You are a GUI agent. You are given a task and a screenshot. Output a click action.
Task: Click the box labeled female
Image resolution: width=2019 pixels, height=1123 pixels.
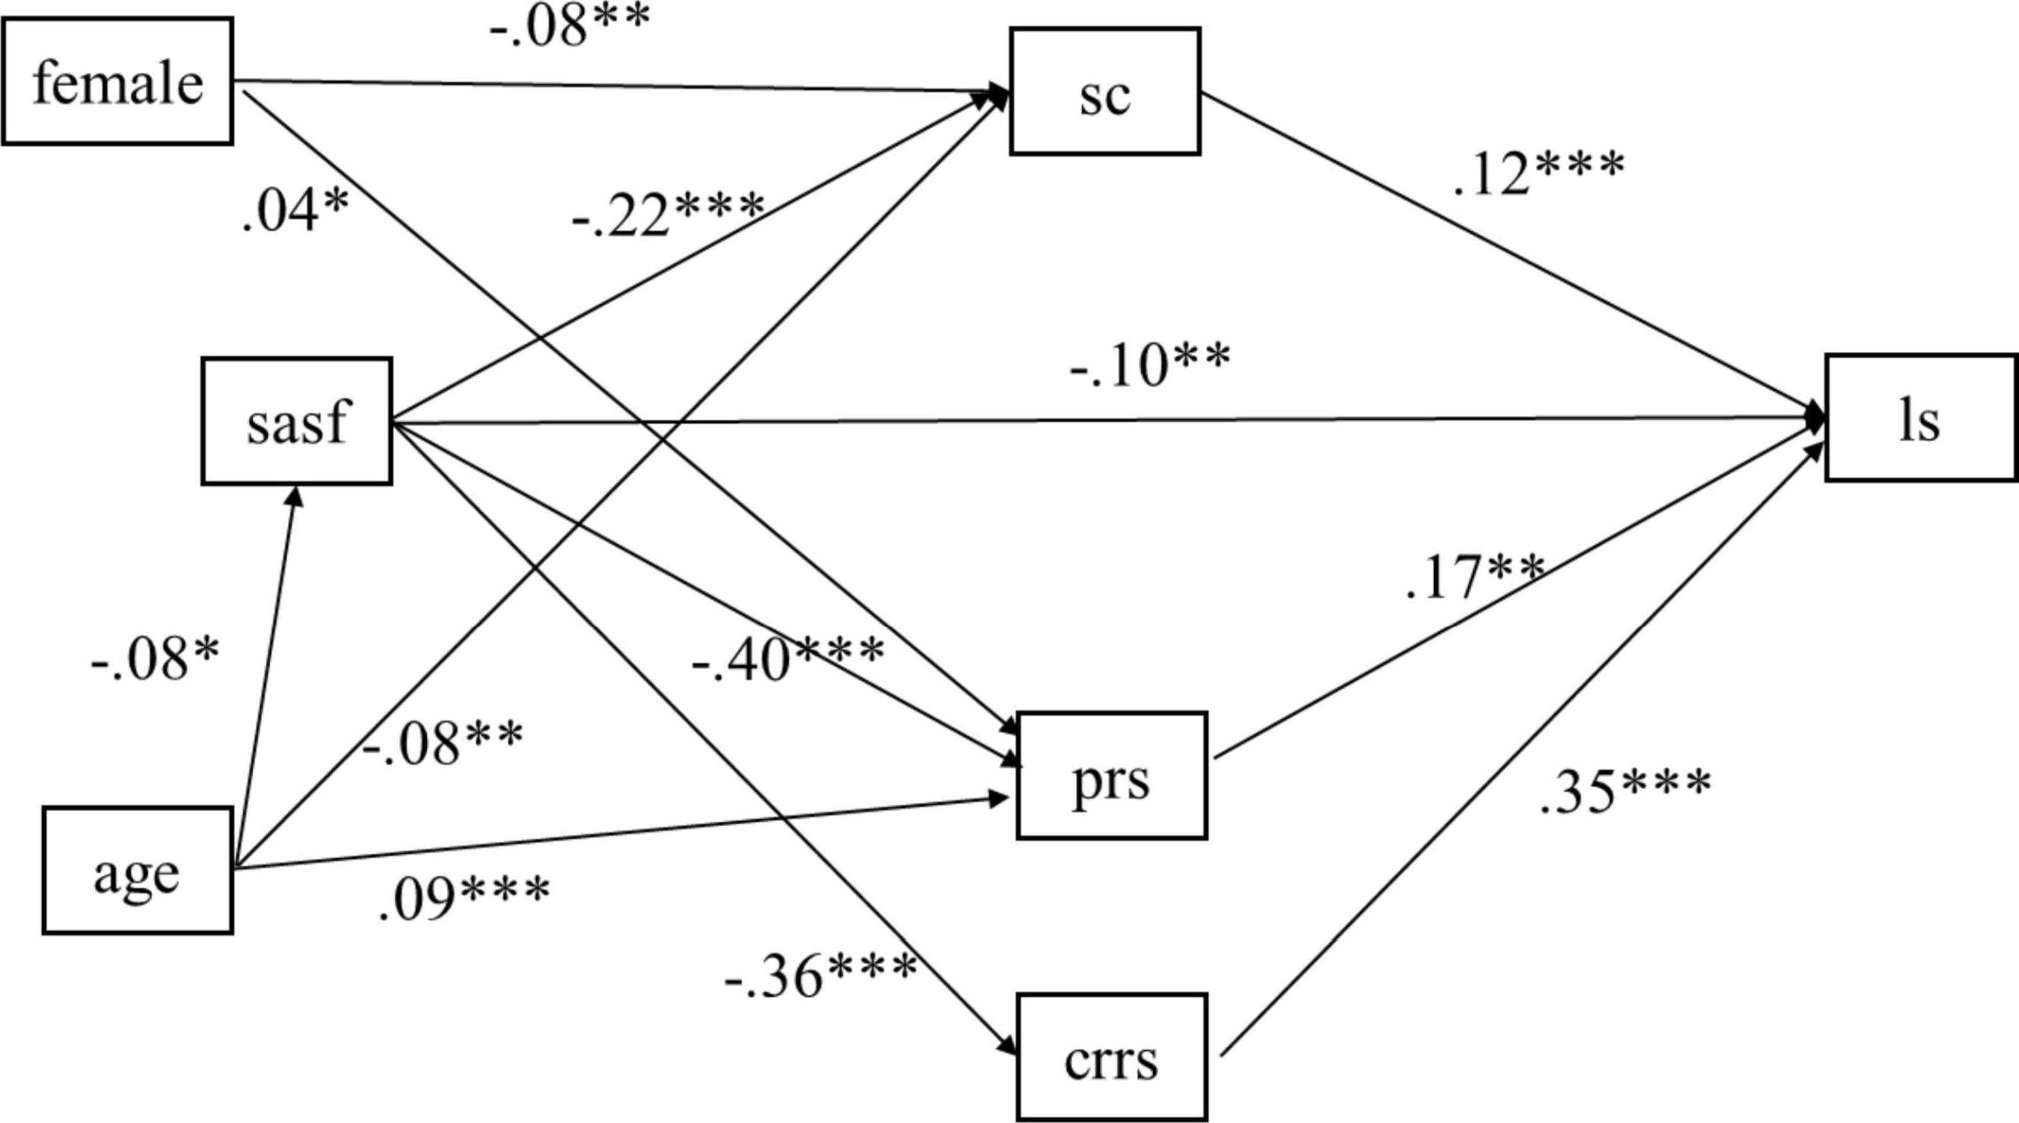tap(117, 81)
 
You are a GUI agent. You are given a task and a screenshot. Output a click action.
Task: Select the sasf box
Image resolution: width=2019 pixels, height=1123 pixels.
tap(296, 422)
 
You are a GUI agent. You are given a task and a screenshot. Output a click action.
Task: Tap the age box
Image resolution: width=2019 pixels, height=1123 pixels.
tap(137, 870)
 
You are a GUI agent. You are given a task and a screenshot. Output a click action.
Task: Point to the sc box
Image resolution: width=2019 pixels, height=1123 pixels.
tap(1104, 92)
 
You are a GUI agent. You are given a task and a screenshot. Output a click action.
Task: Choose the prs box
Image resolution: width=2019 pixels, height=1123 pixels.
tap(1111, 776)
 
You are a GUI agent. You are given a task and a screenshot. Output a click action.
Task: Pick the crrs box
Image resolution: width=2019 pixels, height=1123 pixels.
tap(1111, 1057)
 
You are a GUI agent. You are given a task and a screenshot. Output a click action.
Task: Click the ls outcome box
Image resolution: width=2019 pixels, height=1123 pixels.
tap(1920, 418)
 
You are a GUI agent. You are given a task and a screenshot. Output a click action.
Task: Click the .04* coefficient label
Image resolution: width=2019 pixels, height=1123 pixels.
tap(295, 212)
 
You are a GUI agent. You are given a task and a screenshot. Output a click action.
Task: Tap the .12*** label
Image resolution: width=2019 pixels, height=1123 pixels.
tap(1538, 172)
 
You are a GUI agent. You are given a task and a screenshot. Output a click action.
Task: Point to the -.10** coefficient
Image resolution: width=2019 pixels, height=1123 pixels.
tap(1150, 365)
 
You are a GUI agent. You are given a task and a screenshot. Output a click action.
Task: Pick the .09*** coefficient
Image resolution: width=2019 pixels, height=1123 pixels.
tap(464, 897)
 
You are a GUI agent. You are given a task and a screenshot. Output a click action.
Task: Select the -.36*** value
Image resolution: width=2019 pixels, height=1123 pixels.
tap(820, 975)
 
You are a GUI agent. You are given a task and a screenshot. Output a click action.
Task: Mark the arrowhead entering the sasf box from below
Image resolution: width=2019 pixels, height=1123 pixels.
tap(295, 494)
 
